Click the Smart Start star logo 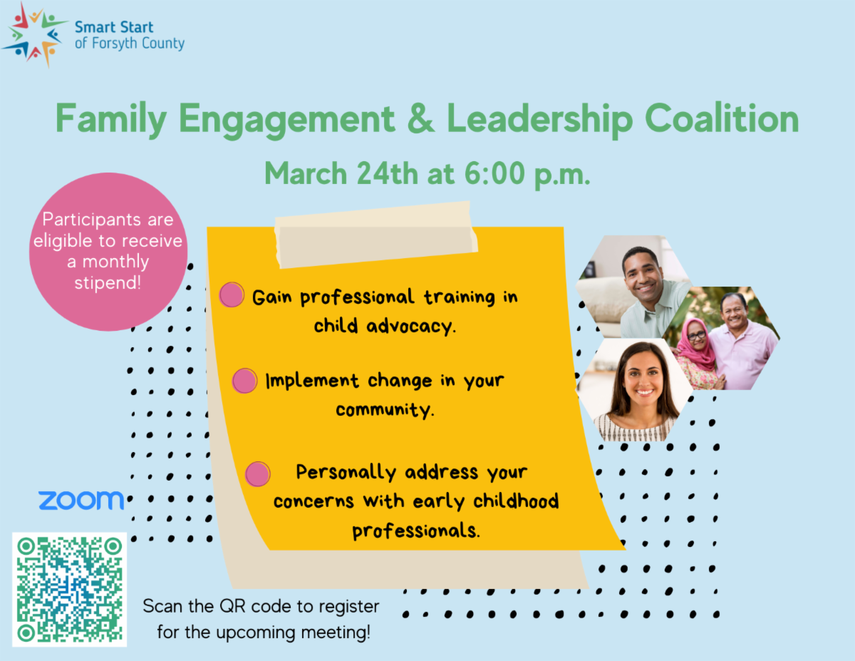[35, 35]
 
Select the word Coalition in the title [722, 118]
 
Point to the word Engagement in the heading [286, 120]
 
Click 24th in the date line [387, 173]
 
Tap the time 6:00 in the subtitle [494, 173]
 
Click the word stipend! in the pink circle [108, 282]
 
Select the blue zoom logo [81, 500]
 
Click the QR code [70, 590]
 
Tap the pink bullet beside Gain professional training [232, 294]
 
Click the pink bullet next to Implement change [244, 381]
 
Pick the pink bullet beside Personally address [257, 473]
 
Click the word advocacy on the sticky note [410, 327]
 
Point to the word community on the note [384, 410]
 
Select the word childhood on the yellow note [516, 501]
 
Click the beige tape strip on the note [376, 235]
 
